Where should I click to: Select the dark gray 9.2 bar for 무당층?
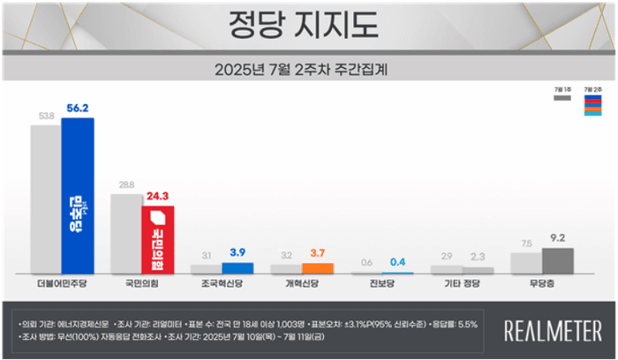[x=557, y=260]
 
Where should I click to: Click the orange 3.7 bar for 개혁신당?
[x=316, y=268]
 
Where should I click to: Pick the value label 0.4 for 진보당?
[x=397, y=262]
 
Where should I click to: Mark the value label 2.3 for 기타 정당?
[x=478, y=258]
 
